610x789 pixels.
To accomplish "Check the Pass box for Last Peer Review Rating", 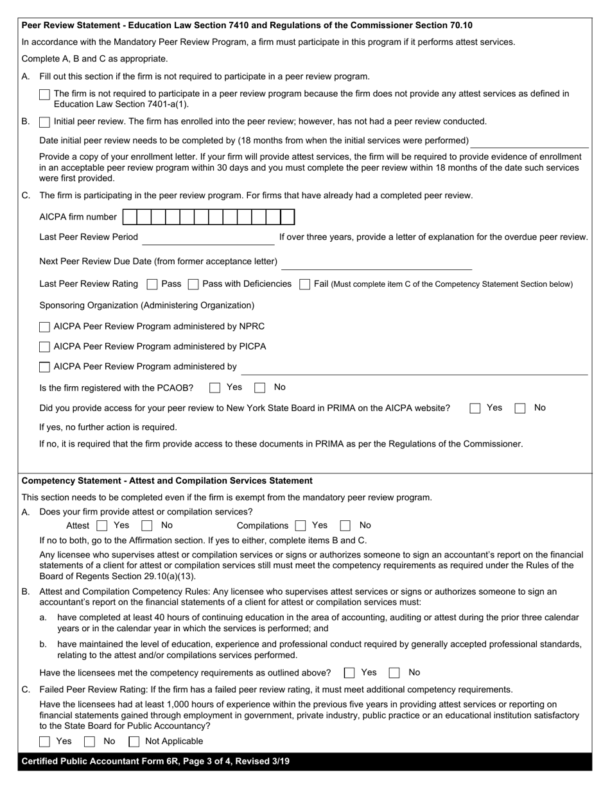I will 152,284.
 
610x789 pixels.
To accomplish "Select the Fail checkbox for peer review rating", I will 305,284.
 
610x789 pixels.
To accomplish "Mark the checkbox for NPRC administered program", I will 44,327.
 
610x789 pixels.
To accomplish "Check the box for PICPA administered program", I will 44,347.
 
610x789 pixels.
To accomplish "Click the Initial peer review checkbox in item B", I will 44,122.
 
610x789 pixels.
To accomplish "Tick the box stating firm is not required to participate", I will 44,94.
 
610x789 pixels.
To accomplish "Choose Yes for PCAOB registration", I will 215,387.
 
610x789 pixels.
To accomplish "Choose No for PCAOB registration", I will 260,387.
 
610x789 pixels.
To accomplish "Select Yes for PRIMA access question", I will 475,408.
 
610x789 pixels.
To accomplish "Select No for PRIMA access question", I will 521,408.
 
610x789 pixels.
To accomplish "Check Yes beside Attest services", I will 101,526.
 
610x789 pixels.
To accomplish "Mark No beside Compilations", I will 345,526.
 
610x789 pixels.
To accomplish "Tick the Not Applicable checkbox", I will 134,742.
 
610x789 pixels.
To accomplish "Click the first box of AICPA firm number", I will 129,217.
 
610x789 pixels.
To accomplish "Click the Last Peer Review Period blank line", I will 208,239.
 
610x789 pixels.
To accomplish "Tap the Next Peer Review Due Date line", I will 376,264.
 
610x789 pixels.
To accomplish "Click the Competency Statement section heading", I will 167,480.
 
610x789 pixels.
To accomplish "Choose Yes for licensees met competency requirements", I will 349,673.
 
